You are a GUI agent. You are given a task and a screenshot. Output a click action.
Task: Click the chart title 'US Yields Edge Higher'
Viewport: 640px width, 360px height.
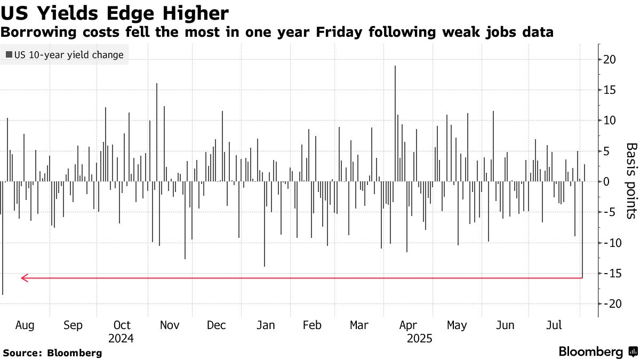coord(115,13)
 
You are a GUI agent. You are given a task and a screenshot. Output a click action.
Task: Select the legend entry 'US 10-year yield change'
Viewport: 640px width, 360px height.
coord(65,54)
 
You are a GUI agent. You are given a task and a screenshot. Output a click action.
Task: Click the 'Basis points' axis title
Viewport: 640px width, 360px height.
coord(631,181)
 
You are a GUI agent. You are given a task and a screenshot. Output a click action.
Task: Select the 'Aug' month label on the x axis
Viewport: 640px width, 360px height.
coord(25,325)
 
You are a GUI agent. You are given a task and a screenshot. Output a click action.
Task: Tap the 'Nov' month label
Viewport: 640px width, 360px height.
coord(170,325)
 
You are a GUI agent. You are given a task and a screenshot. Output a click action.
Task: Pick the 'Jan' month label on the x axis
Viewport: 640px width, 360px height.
coord(266,325)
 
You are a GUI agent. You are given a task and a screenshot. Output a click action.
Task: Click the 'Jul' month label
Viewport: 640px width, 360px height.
coord(555,325)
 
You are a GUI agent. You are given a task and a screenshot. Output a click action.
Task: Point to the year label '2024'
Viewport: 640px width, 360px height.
coord(121,338)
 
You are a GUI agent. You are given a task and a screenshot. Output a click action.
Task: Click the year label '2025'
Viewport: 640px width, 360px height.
coord(419,338)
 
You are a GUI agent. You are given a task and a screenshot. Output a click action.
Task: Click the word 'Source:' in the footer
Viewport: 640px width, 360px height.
coord(22,353)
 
